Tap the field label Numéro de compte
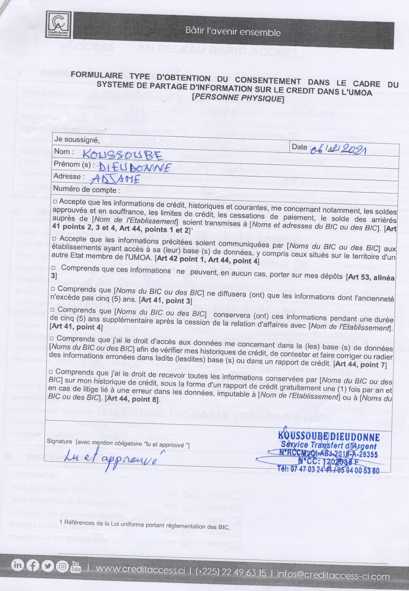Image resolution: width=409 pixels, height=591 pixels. [x=87, y=190]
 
